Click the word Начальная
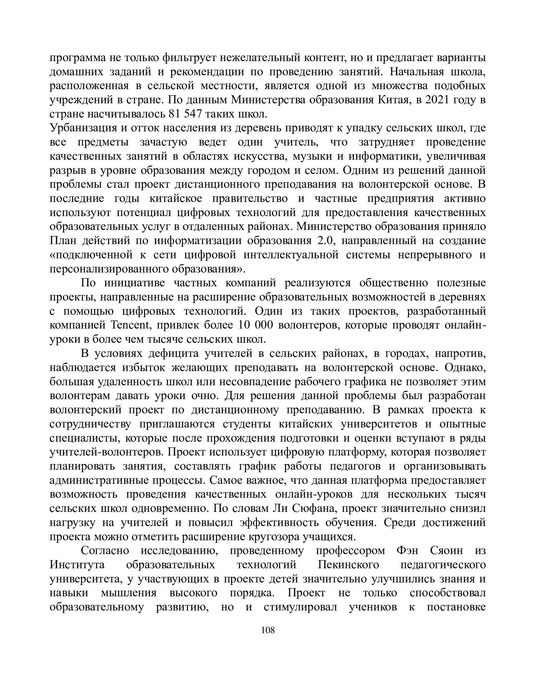click(x=417, y=72)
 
